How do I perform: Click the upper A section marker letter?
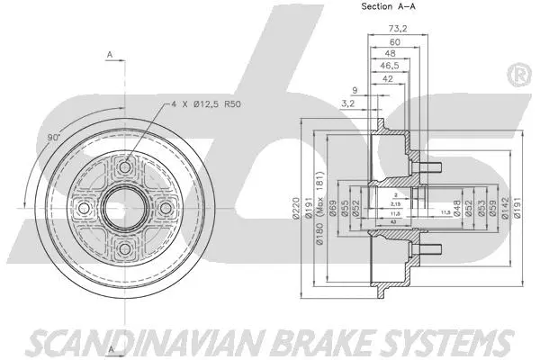tap(110, 56)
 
